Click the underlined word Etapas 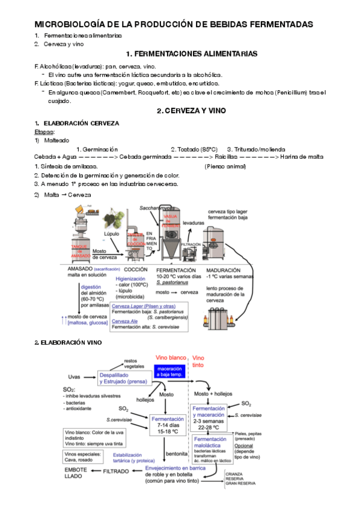(44, 131)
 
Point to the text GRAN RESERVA (240, 484)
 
